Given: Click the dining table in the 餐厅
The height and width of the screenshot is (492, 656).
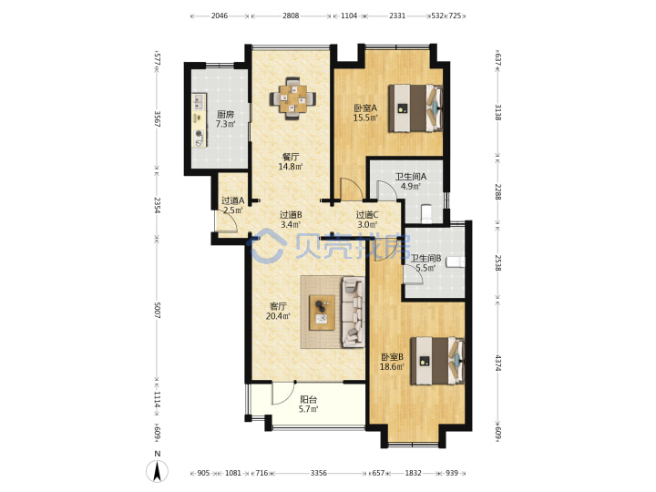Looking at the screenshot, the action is pyautogui.click(x=292, y=98).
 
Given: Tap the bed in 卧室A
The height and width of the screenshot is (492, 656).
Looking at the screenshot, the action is pyautogui.click(x=415, y=108).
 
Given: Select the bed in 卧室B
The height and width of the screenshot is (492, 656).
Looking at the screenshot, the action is pyautogui.click(x=437, y=361).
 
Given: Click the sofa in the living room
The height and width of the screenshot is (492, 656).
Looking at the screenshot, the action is pyautogui.click(x=354, y=313).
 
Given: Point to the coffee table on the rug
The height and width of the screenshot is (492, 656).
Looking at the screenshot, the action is pyautogui.click(x=322, y=313).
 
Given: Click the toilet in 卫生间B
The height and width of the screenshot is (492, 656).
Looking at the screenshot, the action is pyautogui.click(x=456, y=261).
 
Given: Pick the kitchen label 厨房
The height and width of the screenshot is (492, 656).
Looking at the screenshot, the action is pyautogui.click(x=226, y=114).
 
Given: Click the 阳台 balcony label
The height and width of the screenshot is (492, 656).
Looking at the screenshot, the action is pyautogui.click(x=308, y=400).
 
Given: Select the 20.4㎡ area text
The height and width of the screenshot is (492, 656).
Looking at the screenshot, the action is pyautogui.click(x=278, y=316).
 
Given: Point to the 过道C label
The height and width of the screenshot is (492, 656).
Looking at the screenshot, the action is pyautogui.click(x=367, y=215).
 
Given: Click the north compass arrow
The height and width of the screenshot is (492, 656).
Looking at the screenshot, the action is pyautogui.click(x=158, y=472).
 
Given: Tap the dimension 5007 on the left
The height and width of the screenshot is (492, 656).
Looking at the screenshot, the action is pyautogui.click(x=158, y=310).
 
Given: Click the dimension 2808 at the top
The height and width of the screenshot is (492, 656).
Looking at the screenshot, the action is pyautogui.click(x=291, y=15).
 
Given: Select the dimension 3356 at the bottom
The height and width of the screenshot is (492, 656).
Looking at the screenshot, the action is pyautogui.click(x=319, y=473).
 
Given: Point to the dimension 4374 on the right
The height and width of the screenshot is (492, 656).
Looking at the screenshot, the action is pyautogui.click(x=497, y=363).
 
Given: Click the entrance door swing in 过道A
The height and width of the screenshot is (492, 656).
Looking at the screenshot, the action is pyautogui.click(x=228, y=221).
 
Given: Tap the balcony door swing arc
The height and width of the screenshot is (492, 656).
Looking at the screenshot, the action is pyautogui.click(x=282, y=395).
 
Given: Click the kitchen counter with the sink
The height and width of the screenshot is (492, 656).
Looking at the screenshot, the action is pyautogui.click(x=200, y=120).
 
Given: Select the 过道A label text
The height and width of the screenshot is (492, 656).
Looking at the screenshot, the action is pyautogui.click(x=232, y=200).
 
